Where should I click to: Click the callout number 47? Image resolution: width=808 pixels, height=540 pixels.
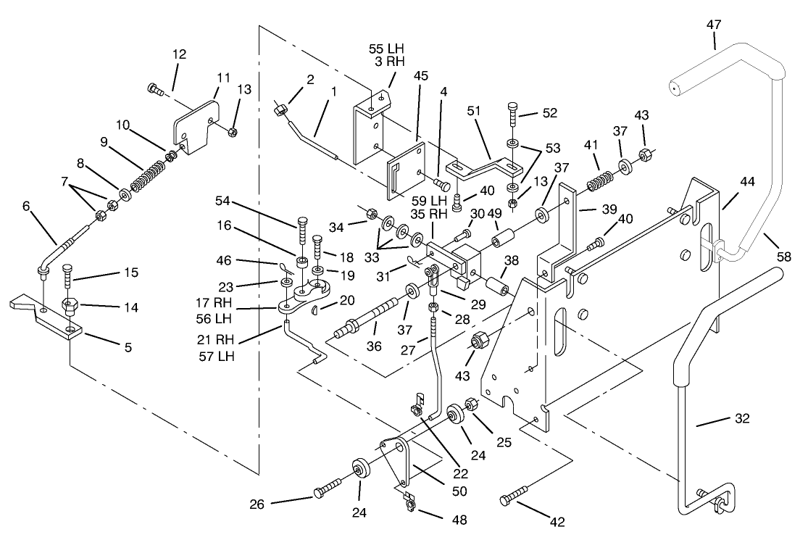click(x=714, y=25)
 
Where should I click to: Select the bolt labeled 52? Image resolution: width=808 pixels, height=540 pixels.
click(x=513, y=110)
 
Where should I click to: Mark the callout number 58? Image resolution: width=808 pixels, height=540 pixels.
click(x=783, y=256)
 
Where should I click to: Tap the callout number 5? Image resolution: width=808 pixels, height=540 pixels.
click(x=128, y=347)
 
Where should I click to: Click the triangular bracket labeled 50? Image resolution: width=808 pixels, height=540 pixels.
click(x=396, y=460)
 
